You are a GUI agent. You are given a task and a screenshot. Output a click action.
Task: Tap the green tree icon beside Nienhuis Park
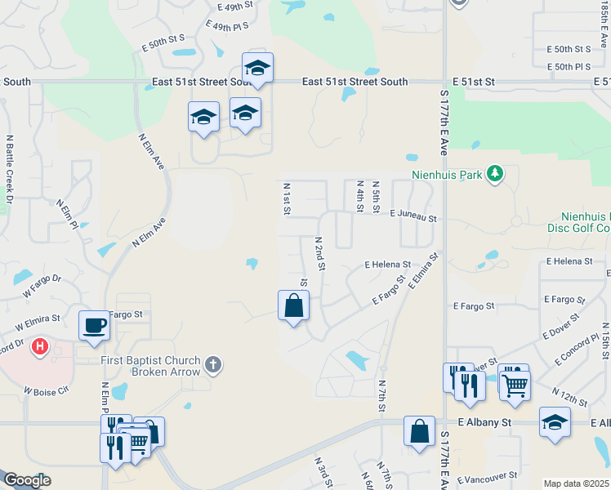tap(494, 174)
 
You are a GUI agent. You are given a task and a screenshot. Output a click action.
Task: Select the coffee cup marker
tap(94, 324)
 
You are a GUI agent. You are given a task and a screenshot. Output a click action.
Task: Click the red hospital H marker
tap(38, 348)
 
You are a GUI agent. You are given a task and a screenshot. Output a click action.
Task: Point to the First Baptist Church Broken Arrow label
tap(150, 366)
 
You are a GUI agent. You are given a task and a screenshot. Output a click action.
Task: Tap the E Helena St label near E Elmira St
tap(387, 265)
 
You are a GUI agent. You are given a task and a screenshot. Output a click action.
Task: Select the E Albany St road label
tap(484, 422)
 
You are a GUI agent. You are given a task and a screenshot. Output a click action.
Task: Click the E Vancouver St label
tap(488, 477)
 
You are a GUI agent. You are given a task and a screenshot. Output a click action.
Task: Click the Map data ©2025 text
tap(576, 483)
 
